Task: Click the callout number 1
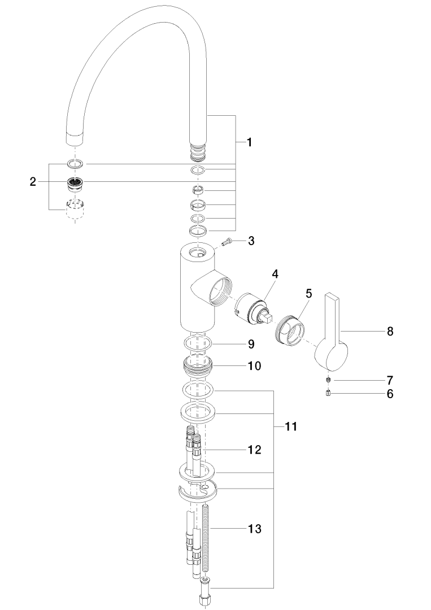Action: pos(249,143)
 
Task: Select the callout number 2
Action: pos(33,181)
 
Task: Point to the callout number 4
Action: pos(275,273)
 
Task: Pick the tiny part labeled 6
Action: pos(328,393)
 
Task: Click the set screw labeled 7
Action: pos(328,380)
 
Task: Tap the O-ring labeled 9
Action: pos(198,343)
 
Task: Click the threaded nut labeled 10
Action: pos(198,366)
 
